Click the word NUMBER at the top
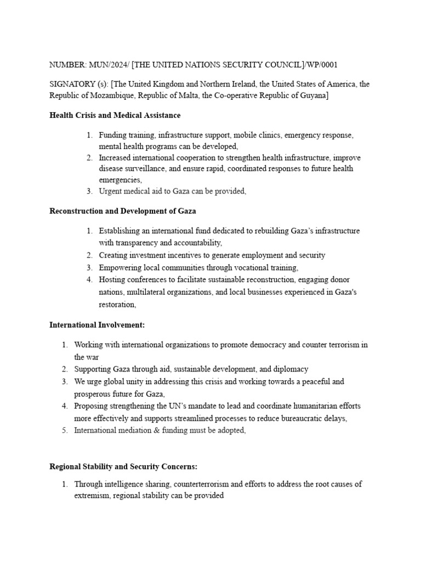click(x=64, y=65)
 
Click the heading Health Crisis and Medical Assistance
click(x=115, y=115)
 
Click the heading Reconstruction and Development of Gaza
click(x=123, y=210)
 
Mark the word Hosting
click(x=112, y=279)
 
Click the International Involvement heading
click(x=97, y=325)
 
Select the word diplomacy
click(x=288, y=369)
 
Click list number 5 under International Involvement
click(x=64, y=430)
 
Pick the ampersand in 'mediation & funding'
click(x=148, y=430)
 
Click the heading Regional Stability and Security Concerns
click(x=123, y=466)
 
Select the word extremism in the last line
click(x=93, y=496)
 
